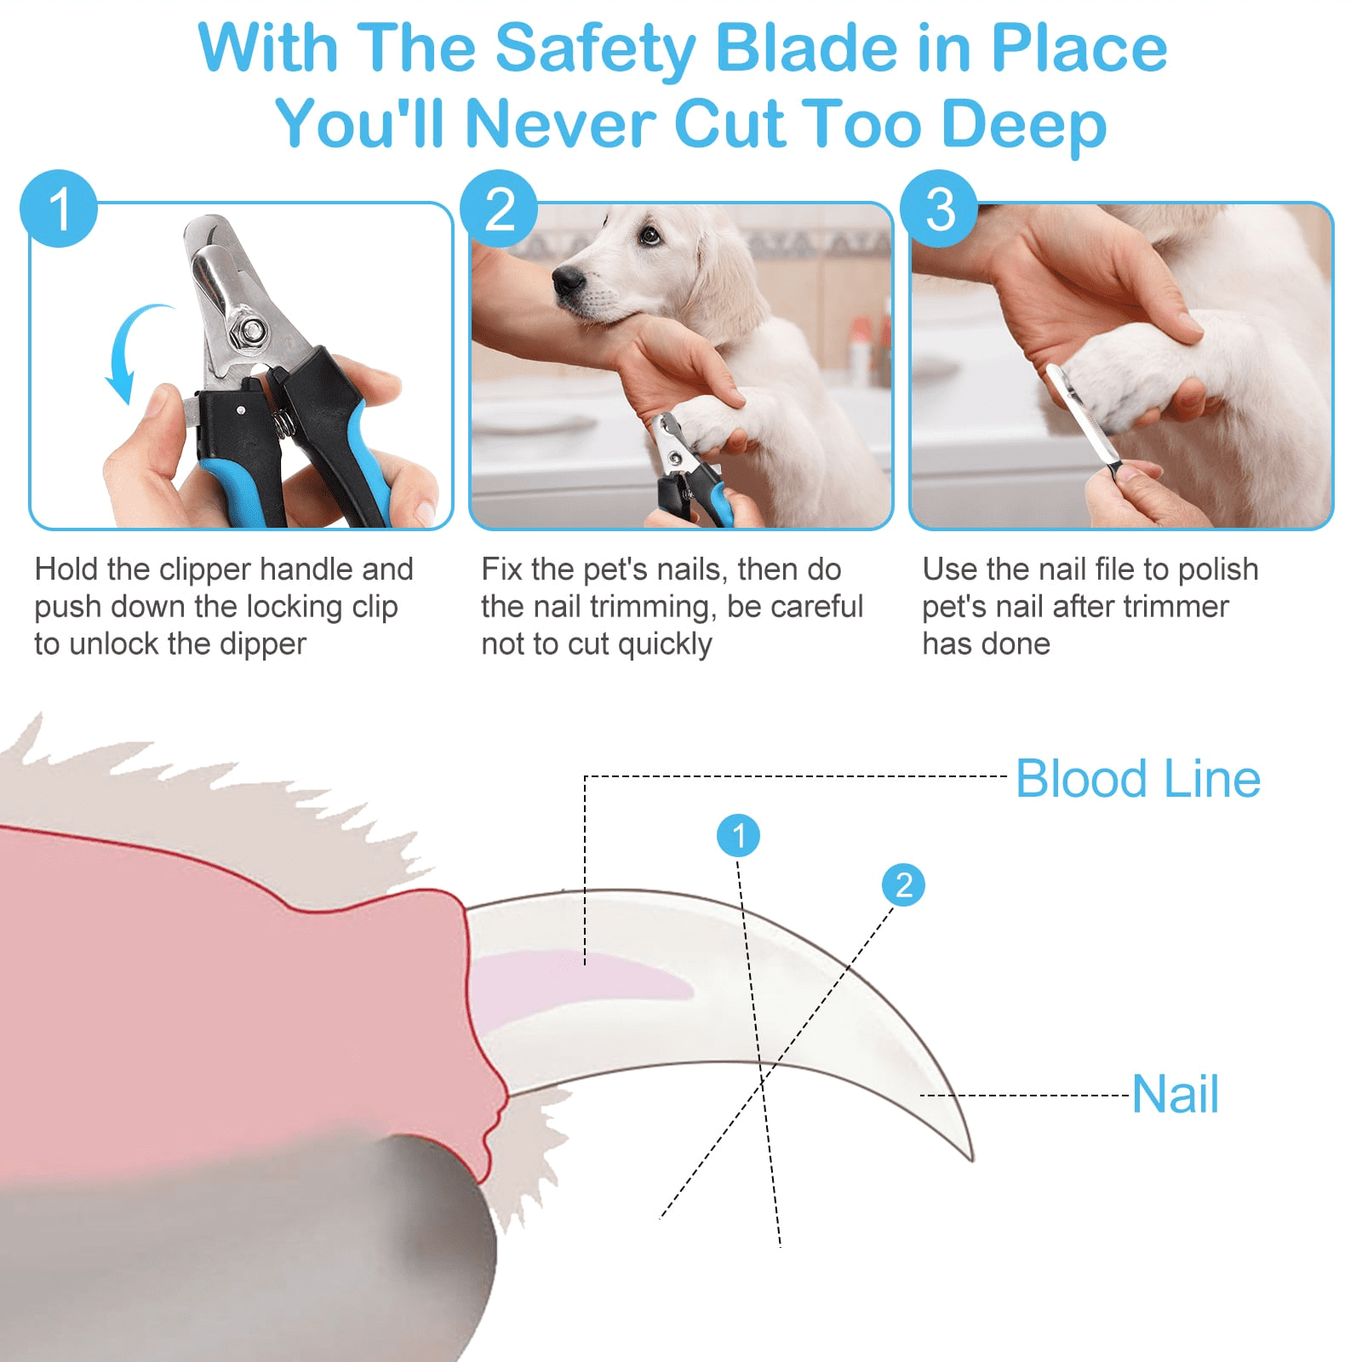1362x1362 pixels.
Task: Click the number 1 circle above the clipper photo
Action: (59, 209)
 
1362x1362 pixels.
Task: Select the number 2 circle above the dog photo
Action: (499, 209)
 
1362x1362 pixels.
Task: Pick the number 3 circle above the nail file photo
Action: (939, 209)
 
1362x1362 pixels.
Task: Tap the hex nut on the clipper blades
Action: (252, 330)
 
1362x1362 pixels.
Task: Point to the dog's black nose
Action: (568, 280)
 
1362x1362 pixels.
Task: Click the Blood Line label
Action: (1138, 778)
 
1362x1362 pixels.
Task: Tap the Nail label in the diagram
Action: (1176, 1094)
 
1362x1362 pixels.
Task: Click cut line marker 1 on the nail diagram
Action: (738, 835)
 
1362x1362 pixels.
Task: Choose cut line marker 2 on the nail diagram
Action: (903, 884)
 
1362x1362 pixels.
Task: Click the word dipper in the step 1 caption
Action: (262, 644)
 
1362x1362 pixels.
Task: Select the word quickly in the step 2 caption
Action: (665, 644)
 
